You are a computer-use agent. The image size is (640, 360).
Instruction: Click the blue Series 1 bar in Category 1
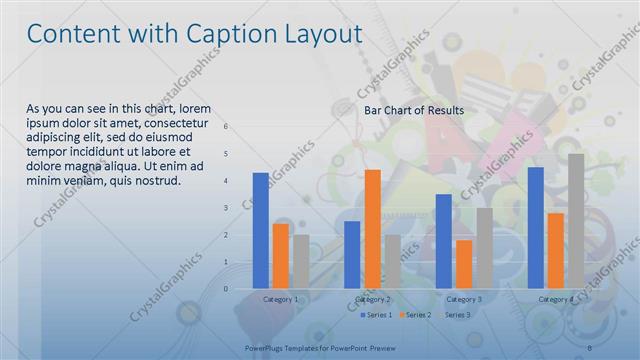(261, 231)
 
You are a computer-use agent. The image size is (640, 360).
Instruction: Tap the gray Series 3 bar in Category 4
(576, 221)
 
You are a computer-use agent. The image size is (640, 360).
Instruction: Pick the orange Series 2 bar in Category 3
(464, 264)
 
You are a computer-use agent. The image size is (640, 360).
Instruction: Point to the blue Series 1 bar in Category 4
(536, 228)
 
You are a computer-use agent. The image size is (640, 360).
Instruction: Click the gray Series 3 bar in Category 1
(301, 262)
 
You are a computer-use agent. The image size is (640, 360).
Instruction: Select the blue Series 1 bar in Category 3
(444, 241)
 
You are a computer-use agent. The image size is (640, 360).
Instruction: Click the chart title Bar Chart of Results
(413, 109)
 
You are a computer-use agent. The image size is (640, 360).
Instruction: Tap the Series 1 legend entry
(374, 315)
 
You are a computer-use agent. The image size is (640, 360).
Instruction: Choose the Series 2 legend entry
(414, 315)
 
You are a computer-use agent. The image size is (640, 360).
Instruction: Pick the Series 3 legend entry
(456, 315)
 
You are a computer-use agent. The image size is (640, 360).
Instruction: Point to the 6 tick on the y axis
(226, 127)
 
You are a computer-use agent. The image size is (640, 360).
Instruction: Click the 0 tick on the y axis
(226, 289)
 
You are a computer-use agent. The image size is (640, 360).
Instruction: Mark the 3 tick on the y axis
(226, 208)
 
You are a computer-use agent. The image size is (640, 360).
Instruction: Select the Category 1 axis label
(280, 299)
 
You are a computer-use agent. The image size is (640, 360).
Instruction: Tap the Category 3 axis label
(464, 299)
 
